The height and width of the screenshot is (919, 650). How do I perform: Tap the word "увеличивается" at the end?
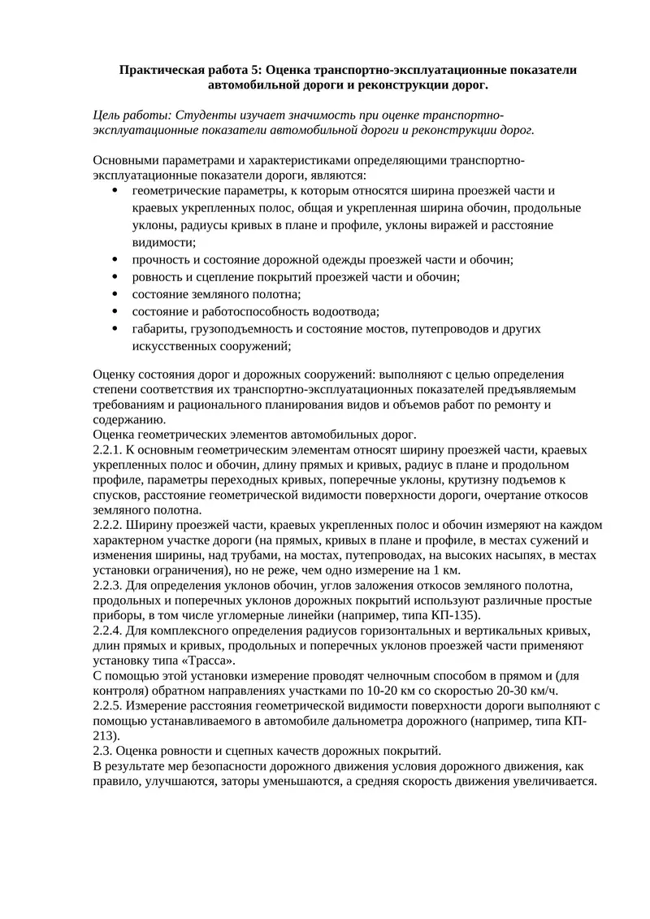[555, 782]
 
